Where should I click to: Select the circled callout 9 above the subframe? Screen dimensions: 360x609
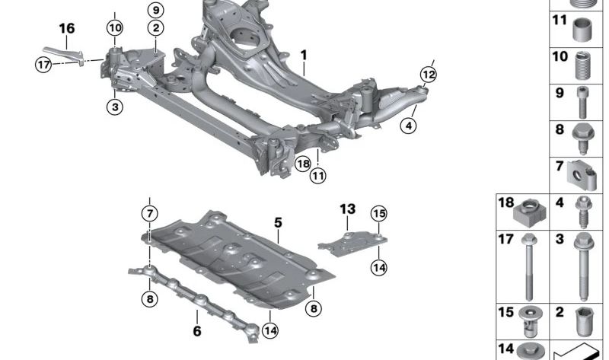[x=155, y=11]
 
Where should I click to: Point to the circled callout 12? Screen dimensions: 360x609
[x=429, y=74]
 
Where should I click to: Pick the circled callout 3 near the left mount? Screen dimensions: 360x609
[x=114, y=108]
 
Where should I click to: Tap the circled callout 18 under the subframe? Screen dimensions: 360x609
[x=302, y=163]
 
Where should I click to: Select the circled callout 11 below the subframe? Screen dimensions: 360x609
[x=317, y=176]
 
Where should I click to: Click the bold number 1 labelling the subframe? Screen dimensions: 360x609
[x=303, y=56]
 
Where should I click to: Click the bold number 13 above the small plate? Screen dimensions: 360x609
[x=347, y=208]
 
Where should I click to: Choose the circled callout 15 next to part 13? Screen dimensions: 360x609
[x=378, y=214]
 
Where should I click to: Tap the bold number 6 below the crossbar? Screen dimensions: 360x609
[x=196, y=331]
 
